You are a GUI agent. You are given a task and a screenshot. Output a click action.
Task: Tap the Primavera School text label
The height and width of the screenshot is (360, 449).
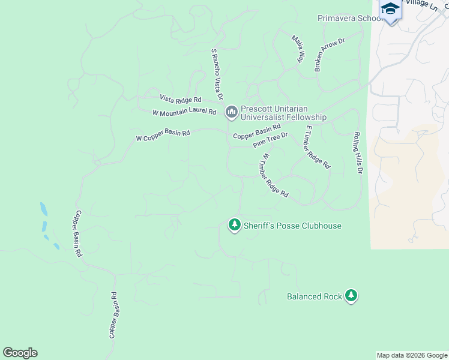click(x=351, y=18)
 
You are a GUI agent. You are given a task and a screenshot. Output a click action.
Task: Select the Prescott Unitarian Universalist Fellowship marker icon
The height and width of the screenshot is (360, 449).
click(x=232, y=112)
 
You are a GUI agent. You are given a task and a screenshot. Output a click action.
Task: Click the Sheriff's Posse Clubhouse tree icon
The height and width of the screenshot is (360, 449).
click(x=234, y=226)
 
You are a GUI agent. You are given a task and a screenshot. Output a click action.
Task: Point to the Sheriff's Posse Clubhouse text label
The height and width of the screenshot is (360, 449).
click(x=292, y=226)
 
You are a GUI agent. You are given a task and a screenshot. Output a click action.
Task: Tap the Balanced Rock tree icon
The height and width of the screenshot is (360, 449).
click(x=351, y=296)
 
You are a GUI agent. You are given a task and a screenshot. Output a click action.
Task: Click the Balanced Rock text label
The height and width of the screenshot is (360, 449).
click(x=314, y=296)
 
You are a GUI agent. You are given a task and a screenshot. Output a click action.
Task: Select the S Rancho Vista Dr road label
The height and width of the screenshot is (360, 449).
click(x=217, y=75)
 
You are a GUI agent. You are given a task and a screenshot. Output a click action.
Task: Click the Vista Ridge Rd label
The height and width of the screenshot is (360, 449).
click(x=179, y=98)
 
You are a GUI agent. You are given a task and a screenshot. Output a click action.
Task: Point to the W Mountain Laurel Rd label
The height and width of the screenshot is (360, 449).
click(x=184, y=112)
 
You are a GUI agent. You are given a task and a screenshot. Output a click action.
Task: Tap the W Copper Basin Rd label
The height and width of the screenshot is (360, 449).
click(x=163, y=136)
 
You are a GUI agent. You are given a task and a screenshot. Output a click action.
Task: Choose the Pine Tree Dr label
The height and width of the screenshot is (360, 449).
click(x=270, y=140)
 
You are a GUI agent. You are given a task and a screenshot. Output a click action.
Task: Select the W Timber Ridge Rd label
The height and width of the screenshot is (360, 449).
click(x=274, y=175)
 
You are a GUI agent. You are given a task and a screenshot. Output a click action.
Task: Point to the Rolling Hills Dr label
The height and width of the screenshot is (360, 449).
click(x=358, y=153)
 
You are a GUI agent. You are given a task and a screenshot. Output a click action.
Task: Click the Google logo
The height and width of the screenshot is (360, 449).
click(x=20, y=353)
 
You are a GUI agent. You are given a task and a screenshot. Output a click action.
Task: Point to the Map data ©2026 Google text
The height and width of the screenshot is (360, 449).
click(x=411, y=355)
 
